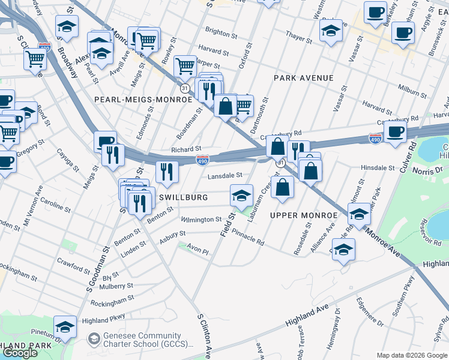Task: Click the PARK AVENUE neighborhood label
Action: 303,78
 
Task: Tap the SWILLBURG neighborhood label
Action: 183,197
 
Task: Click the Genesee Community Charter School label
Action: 142,340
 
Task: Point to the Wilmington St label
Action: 202,220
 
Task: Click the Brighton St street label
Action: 218,30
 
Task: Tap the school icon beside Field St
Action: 241,195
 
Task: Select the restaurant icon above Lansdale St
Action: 167,172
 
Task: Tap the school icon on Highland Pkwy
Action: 65,326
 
